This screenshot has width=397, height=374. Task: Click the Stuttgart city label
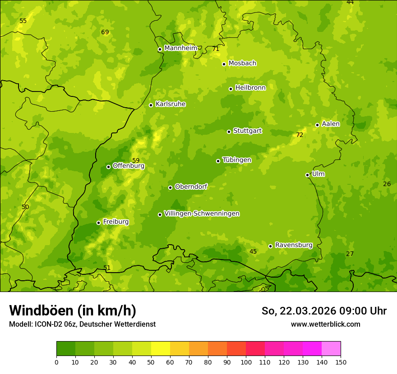coord(247,131)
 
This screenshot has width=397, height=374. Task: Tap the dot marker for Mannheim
coord(160,50)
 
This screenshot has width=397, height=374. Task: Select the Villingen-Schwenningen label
coord(202,214)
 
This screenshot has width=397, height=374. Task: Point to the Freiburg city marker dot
coord(98,223)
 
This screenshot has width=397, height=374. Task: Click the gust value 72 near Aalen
coord(300,135)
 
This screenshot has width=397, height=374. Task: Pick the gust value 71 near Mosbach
coord(216,49)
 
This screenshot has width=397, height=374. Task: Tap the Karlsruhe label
coord(171,104)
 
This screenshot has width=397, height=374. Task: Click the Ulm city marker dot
coord(307,175)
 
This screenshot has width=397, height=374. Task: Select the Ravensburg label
coord(294,245)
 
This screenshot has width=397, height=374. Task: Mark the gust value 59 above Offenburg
coord(136,160)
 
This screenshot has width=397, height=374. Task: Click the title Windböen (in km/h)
coord(73,310)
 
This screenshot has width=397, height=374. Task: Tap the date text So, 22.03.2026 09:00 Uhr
coord(324,311)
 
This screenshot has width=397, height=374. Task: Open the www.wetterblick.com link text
coord(325,324)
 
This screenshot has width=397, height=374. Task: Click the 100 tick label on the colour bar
coord(246,362)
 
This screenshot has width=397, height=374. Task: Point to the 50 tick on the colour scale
coord(151,362)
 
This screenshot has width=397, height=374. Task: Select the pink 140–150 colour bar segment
coord(331,349)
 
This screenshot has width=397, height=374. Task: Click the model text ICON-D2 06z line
coord(82,324)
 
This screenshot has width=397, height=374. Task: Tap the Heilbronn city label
coord(250,88)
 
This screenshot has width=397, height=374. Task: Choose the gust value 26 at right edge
coord(387,184)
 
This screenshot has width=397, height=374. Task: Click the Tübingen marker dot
coord(218,161)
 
